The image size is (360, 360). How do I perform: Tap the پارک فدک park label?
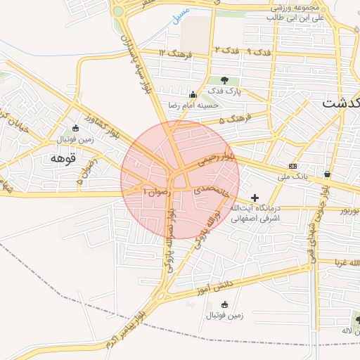click(229, 91)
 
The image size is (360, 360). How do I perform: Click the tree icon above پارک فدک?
click(225, 79)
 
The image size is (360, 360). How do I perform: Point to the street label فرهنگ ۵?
click(235, 119)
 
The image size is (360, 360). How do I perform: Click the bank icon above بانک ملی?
click(292, 167)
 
